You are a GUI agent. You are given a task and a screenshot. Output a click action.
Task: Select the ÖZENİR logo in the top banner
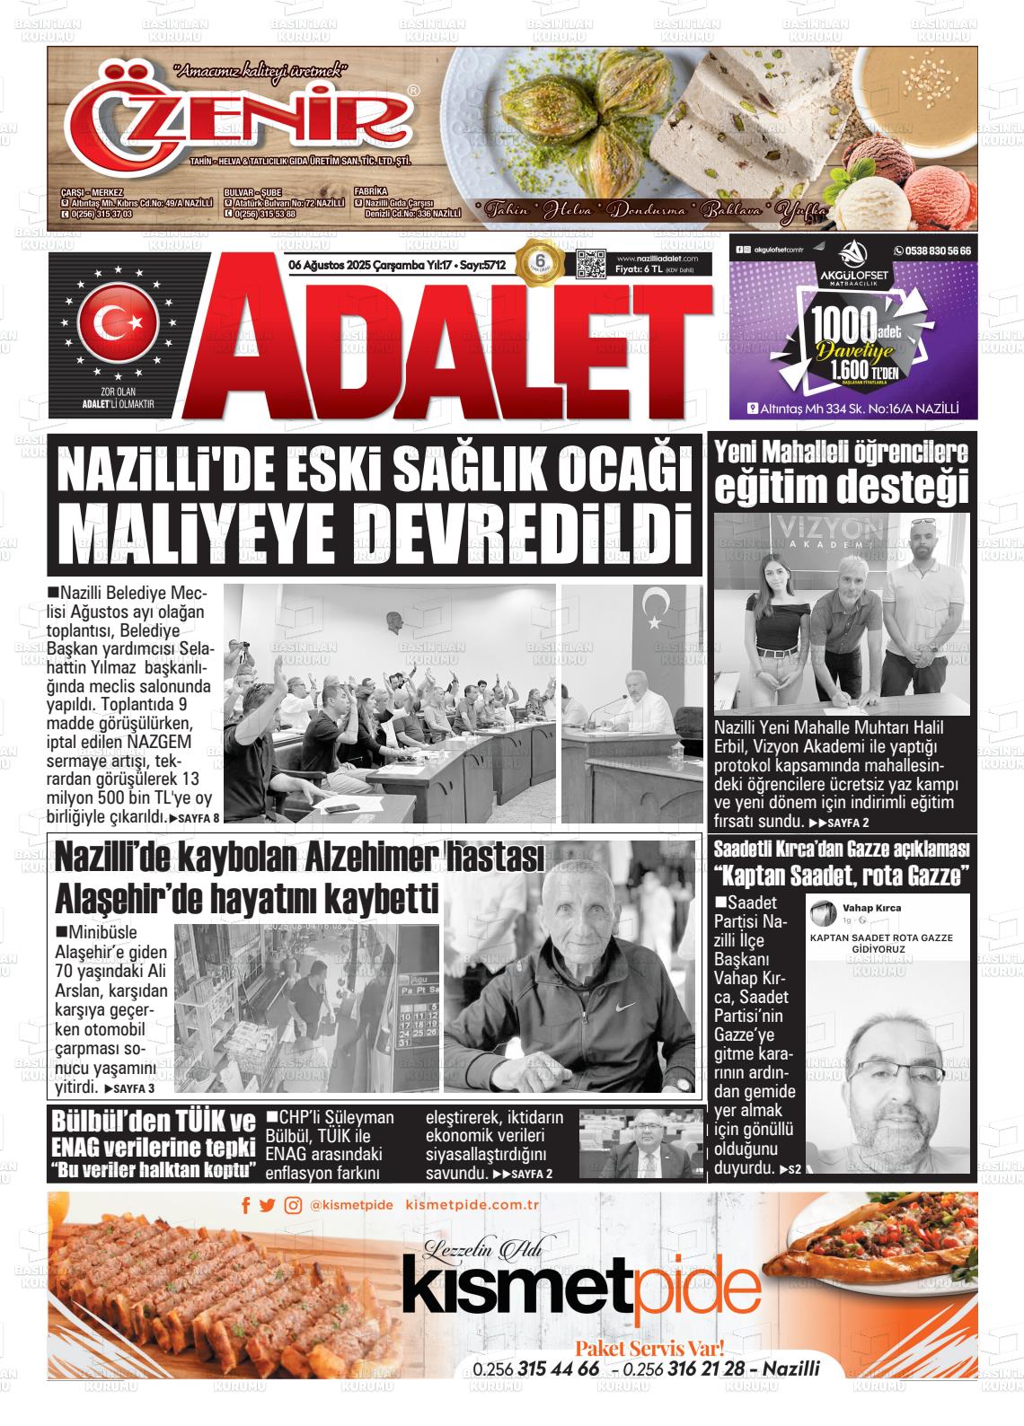click(x=243, y=117)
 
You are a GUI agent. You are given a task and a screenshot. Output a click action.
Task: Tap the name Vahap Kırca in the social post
click(x=872, y=908)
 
